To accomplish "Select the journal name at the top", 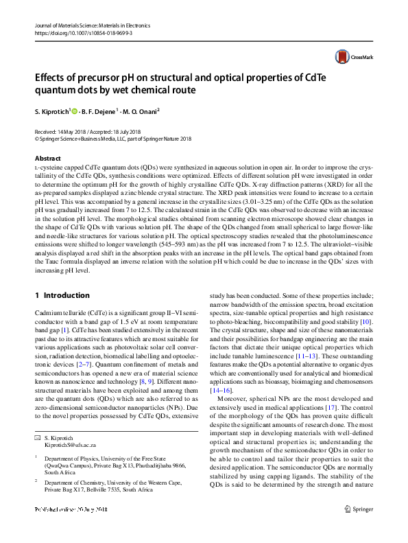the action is click(x=86, y=25).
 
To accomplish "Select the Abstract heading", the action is click(x=47, y=158).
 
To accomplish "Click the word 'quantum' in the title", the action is click(x=59, y=90).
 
